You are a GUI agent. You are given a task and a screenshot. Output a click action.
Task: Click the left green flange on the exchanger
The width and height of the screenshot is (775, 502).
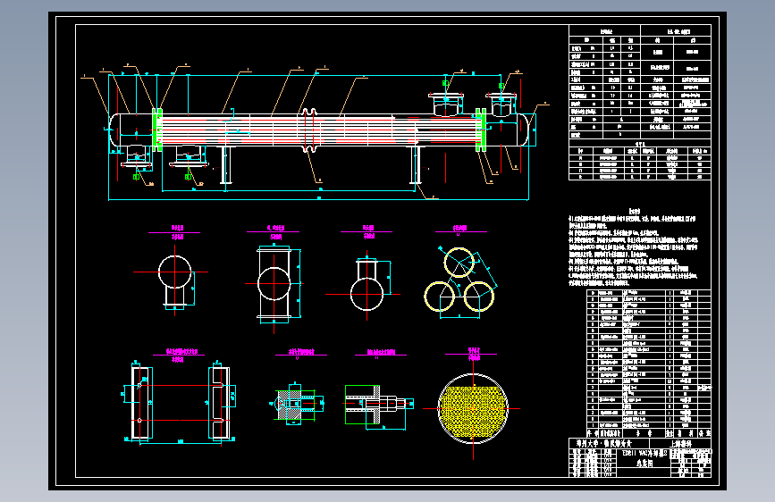(x=157, y=128)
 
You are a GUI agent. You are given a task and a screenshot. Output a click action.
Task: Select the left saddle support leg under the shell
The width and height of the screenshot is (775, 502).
(x=225, y=167)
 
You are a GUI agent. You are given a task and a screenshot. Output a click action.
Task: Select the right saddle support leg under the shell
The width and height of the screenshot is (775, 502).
(x=416, y=167)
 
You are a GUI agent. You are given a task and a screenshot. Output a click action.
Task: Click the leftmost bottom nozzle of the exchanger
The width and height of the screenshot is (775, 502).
(x=138, y=155)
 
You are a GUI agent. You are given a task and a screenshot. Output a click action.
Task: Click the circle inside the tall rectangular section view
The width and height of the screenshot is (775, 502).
(x=274, y=285)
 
